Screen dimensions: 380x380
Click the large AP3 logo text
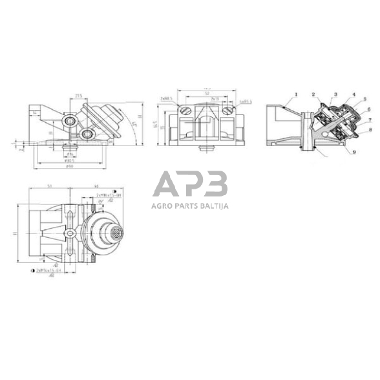(190, 184)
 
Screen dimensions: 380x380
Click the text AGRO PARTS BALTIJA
(190, 207)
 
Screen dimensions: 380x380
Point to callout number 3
(336, 94)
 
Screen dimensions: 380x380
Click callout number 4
(355, 95)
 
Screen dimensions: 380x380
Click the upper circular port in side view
(69, 121)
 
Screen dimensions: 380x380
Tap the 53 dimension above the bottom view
(50, 186)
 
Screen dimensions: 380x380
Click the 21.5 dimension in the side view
(78, 96)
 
